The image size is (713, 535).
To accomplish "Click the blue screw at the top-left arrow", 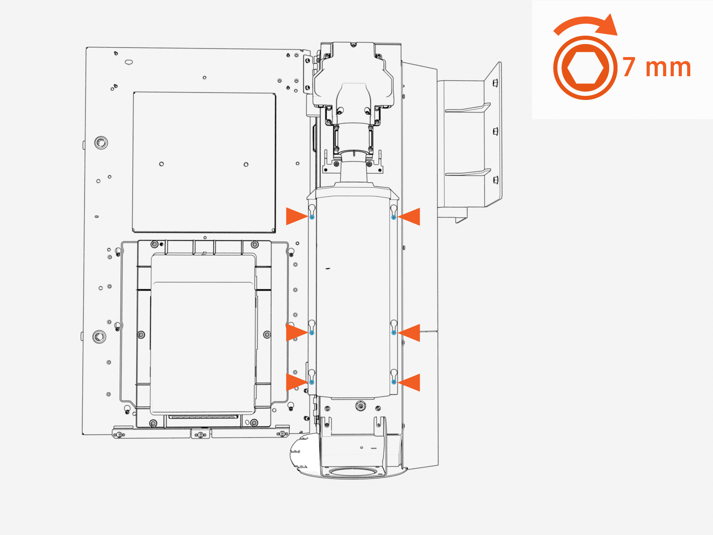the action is (x=312, y=217).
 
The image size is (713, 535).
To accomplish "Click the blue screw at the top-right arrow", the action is (x=393, y=217).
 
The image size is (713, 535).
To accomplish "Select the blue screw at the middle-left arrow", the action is (x=312, y=333).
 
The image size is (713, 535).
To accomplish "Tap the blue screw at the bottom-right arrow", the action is (x=394, y=382).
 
